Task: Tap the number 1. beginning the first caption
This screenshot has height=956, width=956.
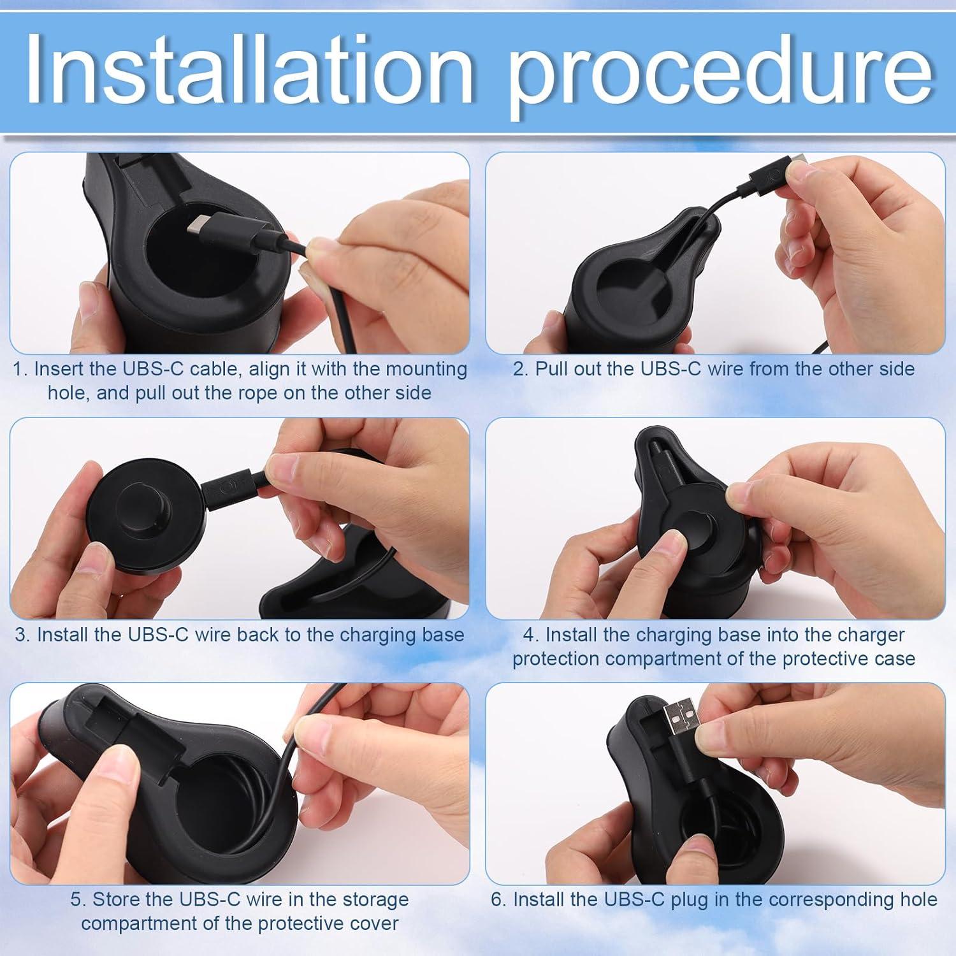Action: click(20, 370)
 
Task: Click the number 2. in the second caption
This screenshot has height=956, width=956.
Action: click(521, 370)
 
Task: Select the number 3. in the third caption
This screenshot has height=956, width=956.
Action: click(23, 635)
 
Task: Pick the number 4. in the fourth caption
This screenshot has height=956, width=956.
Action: click(531, 635)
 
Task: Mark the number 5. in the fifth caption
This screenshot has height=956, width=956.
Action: click(78, 900)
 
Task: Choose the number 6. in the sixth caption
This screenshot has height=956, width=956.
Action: click(498, 900)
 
